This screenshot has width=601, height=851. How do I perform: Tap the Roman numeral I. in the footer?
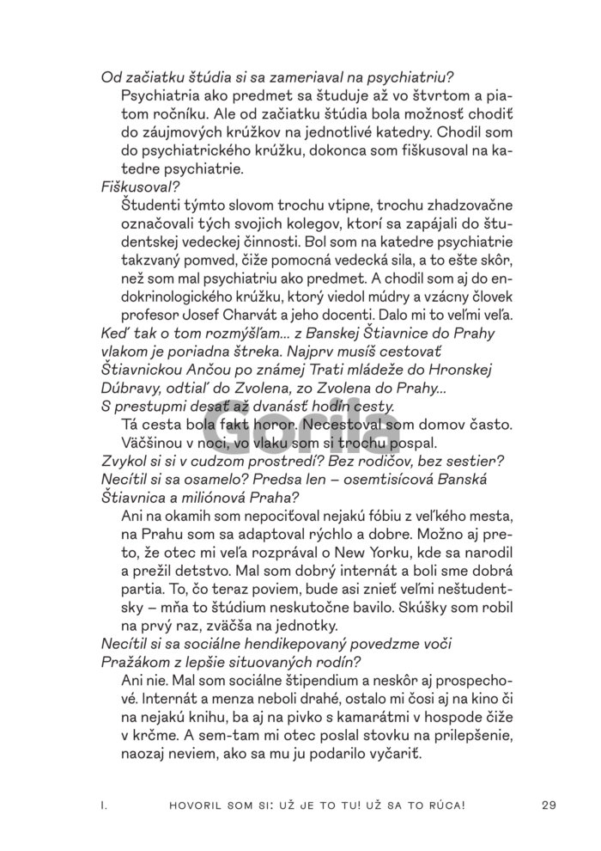[x=103, y=805]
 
